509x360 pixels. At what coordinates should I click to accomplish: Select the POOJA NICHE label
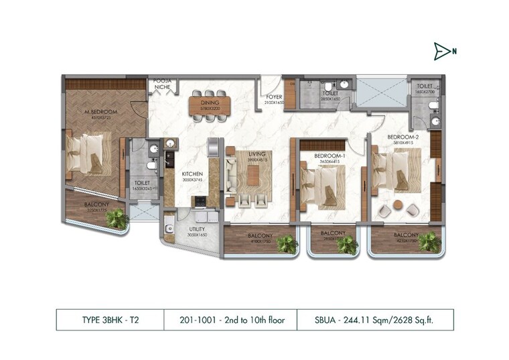[163, 83]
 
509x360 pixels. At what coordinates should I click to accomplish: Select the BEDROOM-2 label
[403, 137]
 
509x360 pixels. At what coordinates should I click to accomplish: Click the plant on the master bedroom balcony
[119, 218]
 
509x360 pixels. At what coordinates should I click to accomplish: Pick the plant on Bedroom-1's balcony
[347, 245]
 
